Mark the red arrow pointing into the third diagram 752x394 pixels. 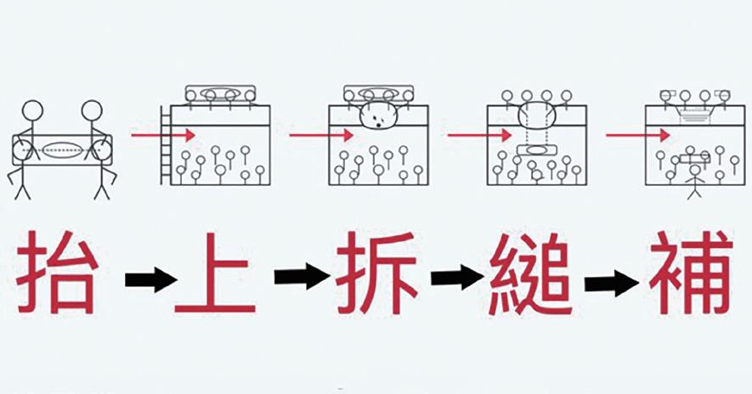321,135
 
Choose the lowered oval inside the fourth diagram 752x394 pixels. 536,151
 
